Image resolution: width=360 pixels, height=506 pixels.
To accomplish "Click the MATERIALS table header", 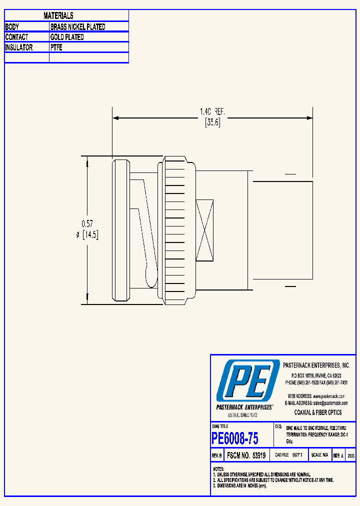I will click(x=58, y=16).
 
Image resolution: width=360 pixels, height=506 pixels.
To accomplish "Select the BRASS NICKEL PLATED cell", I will click(x=78, y=27).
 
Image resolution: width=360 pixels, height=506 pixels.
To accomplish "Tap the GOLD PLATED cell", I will click(x=67, y=37).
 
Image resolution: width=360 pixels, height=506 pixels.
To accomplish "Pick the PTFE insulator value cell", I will click(x=56, y=48).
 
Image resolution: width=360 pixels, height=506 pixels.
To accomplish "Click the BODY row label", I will click(x=12, y=27).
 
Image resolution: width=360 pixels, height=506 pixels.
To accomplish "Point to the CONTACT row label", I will click(x=16, y=37).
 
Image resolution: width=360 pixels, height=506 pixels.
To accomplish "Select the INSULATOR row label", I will click(x=19, y=48).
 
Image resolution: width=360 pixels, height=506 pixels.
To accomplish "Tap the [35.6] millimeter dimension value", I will click(x=212, y=123).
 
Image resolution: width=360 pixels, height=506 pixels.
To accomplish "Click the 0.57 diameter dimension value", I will click(x=87, y=224).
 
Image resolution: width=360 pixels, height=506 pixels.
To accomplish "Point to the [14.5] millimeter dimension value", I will click(x=90, y=235).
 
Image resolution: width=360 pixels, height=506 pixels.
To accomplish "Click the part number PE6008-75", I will click(x=235, y=439).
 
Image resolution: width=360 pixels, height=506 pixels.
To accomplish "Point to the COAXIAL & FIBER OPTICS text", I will click(x=318, y=412).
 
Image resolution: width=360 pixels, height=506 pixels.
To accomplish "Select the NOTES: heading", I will click(x=218, y=469).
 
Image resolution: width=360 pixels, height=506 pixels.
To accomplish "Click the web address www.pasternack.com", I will click(x=328, y=395).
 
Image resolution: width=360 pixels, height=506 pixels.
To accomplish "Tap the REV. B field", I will click(x=216, y=456).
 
